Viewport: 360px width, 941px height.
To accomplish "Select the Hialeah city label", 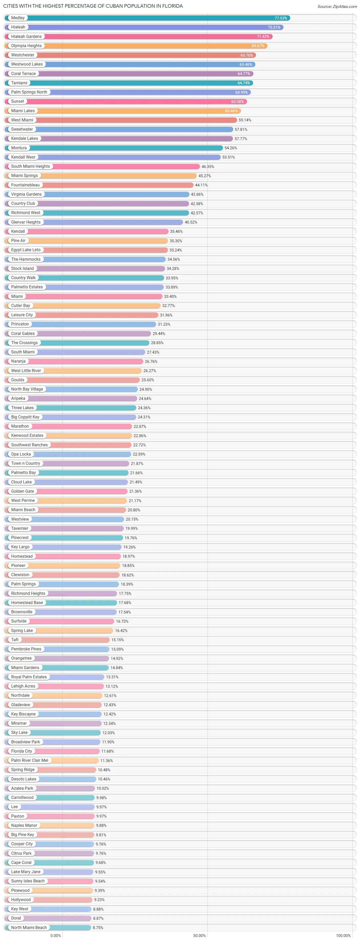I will [18, 27].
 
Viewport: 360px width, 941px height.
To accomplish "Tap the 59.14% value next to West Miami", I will [245, 120].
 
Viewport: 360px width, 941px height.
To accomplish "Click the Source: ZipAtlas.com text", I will [337, 7].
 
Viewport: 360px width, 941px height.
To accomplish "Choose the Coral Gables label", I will [23, 334].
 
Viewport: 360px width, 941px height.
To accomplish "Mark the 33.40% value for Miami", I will [170, 297].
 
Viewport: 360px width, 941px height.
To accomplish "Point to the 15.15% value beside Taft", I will [118, 640].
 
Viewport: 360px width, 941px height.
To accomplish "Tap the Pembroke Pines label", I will [26, 649].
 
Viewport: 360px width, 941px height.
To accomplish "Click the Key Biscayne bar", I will [69, 714].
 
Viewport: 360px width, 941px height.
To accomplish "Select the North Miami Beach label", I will [29, 927].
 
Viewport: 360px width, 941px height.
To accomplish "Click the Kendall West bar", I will [128, 157].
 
